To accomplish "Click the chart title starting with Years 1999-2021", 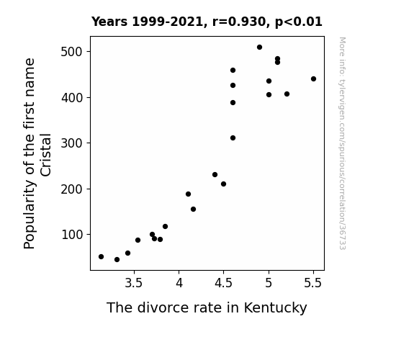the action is [x=207, y=22].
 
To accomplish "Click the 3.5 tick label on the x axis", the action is [x=134, y=283].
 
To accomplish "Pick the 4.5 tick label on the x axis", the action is [x=223, y=283].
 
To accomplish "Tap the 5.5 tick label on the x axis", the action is [x=313, y=283].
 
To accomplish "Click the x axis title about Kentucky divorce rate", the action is [x=207, y=307].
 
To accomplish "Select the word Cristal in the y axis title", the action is [x=45, y=155].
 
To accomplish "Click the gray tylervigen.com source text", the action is [x=342, y=143].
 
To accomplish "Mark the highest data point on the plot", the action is [x=259, y=48].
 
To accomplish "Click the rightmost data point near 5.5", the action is [x=313, y=79].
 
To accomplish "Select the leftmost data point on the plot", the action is [x=101, y=257].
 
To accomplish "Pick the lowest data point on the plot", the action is [x=117, y=260].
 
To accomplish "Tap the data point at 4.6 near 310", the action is [x=233, y=138].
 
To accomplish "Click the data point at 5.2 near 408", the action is [x=287, y=94].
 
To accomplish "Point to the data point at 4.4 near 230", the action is [x=215, y=174].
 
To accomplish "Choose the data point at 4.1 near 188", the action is [x=188, y=194].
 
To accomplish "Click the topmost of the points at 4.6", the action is [x=233, y=71].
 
